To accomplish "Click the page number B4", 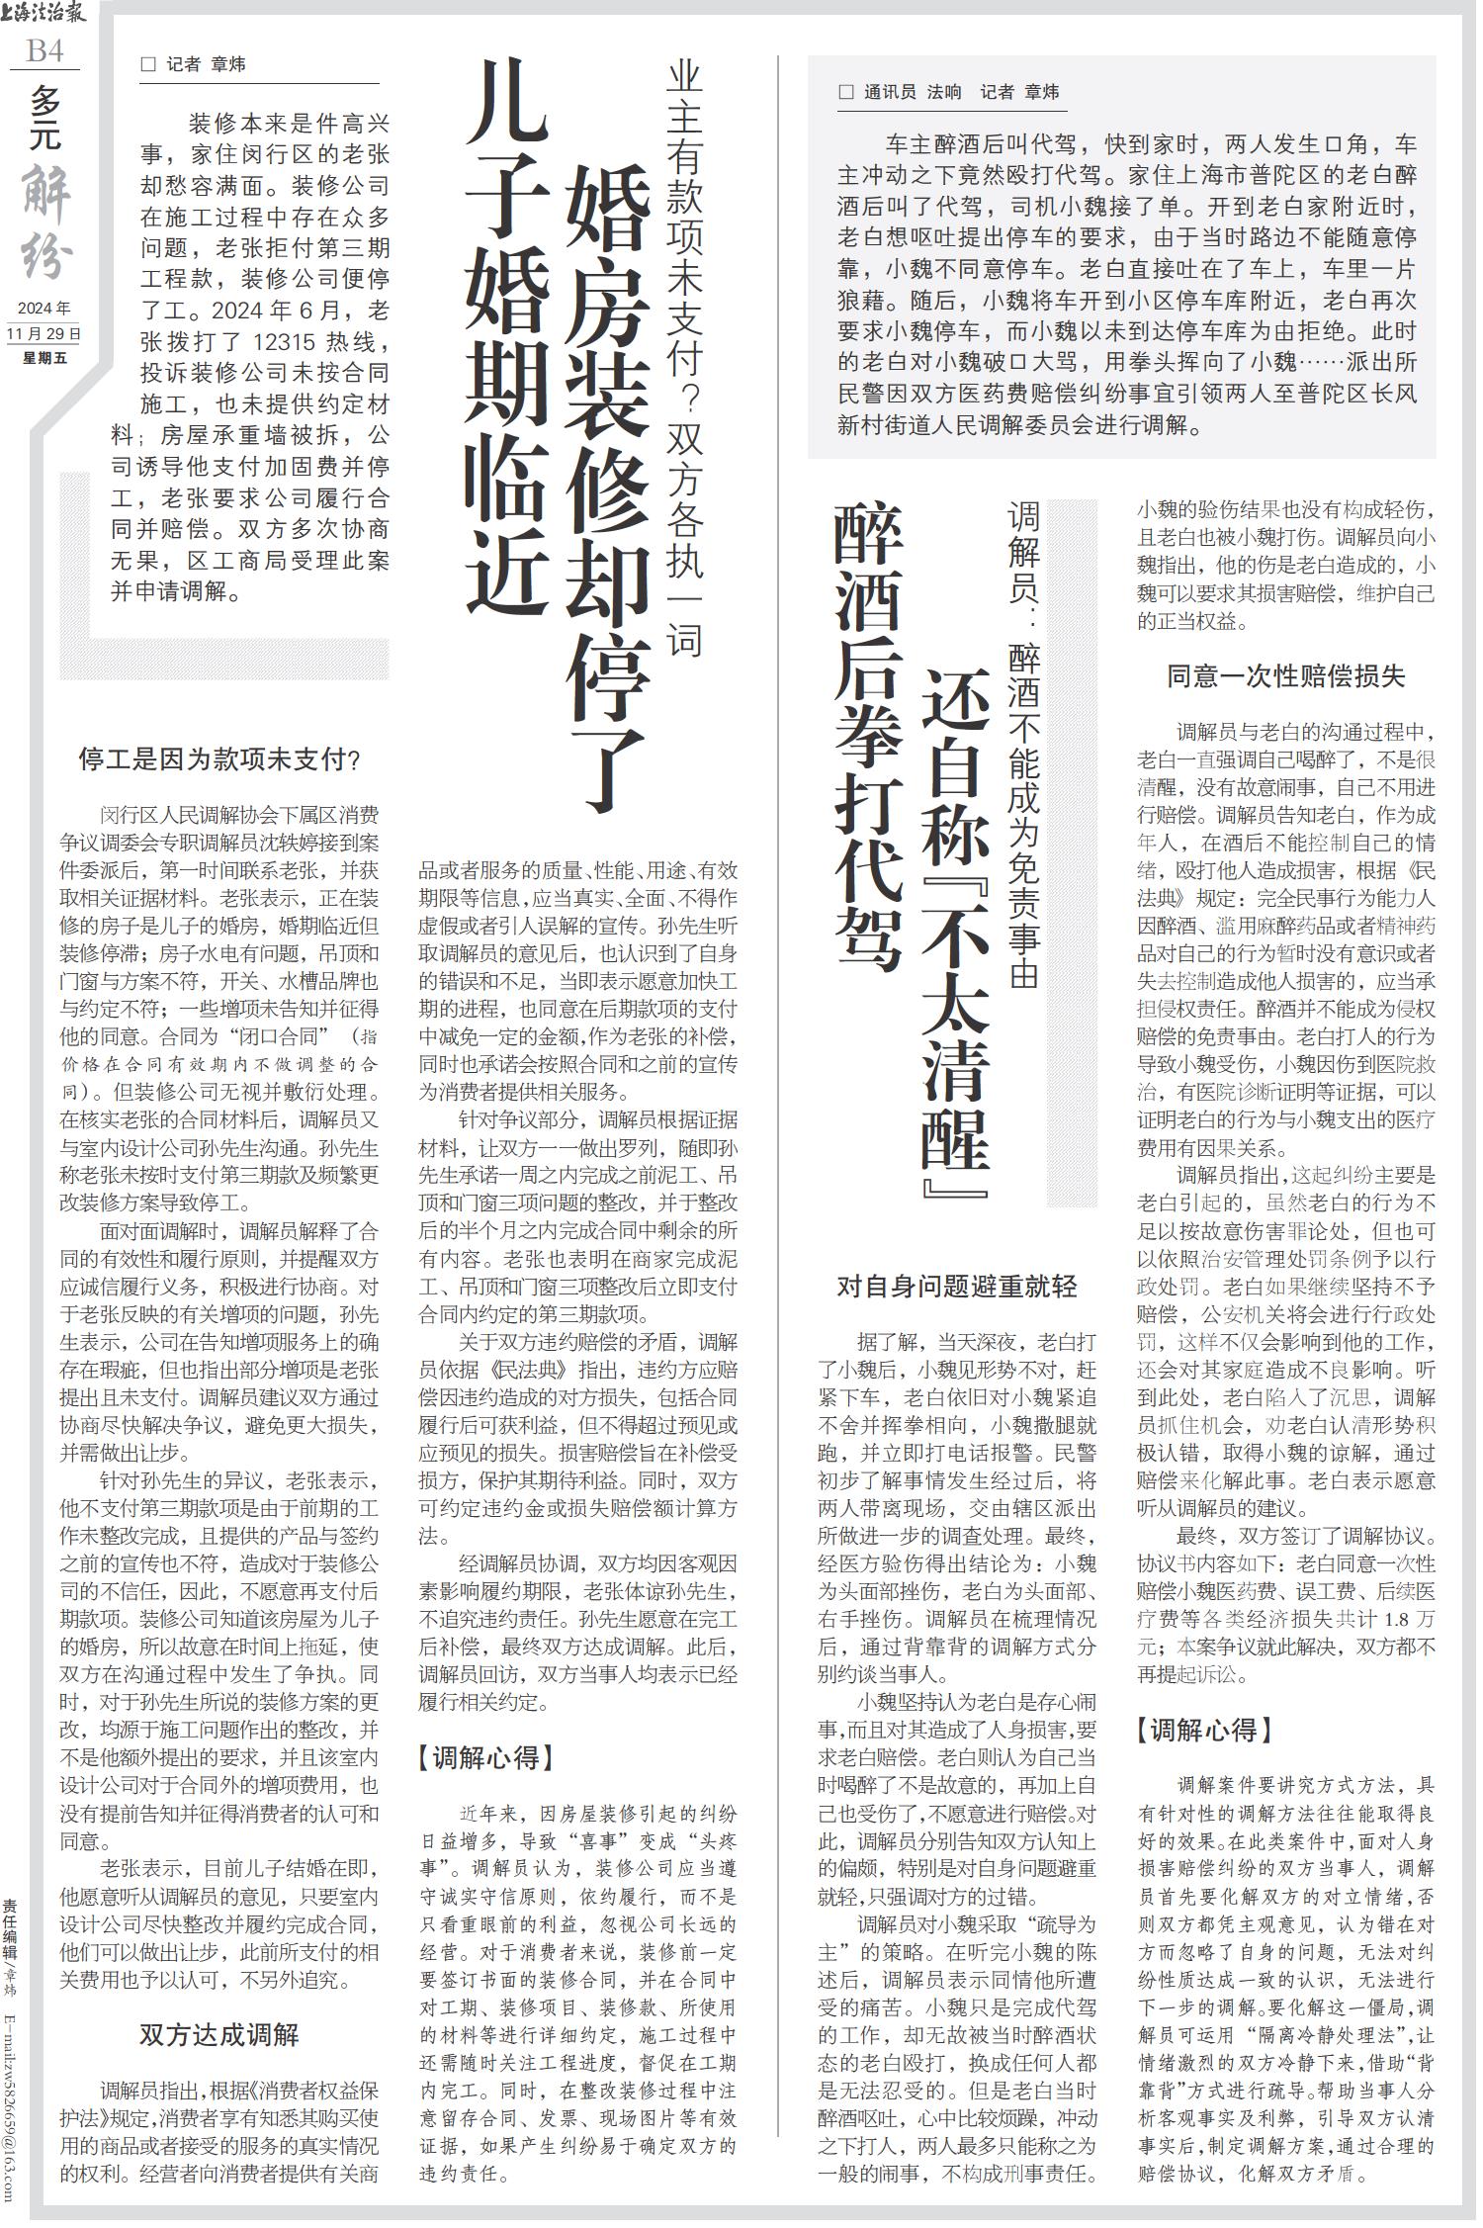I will point(44,50).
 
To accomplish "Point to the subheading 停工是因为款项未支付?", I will point(218,759).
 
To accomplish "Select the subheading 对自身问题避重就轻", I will point(956,1286).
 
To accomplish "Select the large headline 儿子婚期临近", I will point(507,336).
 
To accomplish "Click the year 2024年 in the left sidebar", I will point(44,309).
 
